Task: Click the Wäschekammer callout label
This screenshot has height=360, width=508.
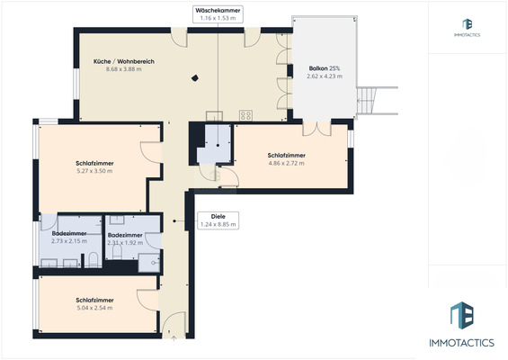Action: coord(218,14)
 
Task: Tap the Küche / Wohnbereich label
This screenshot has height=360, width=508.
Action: coord(124,61)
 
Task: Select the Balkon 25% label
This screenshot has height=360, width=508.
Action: coord(325,68)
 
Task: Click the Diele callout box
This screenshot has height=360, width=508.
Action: coord(218,220)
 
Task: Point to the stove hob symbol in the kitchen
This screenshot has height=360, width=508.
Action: coord(245,115)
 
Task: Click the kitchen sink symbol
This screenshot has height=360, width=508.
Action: coord(214,116)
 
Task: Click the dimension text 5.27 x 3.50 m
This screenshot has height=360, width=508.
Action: coord(94,171)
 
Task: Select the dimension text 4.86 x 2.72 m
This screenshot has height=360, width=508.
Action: coord(287,163)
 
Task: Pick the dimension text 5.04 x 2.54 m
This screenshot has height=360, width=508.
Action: coord(94,308)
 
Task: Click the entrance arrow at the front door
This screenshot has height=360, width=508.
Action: coord(174,338)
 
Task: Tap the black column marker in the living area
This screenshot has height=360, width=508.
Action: coord(195,77)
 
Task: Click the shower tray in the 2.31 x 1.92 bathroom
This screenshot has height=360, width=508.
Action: coord(149,263)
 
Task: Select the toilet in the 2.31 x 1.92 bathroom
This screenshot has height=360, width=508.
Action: coord(117,252)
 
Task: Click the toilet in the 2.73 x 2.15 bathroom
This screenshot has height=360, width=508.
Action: coord(94,260)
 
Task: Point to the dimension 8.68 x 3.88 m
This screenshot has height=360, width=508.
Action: coord(124,69)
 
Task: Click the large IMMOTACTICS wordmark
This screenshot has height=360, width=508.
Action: coord(461,343)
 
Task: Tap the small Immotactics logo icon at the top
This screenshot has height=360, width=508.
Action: coord(467,24)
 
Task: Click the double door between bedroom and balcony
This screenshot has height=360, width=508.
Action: coord(316,128)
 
